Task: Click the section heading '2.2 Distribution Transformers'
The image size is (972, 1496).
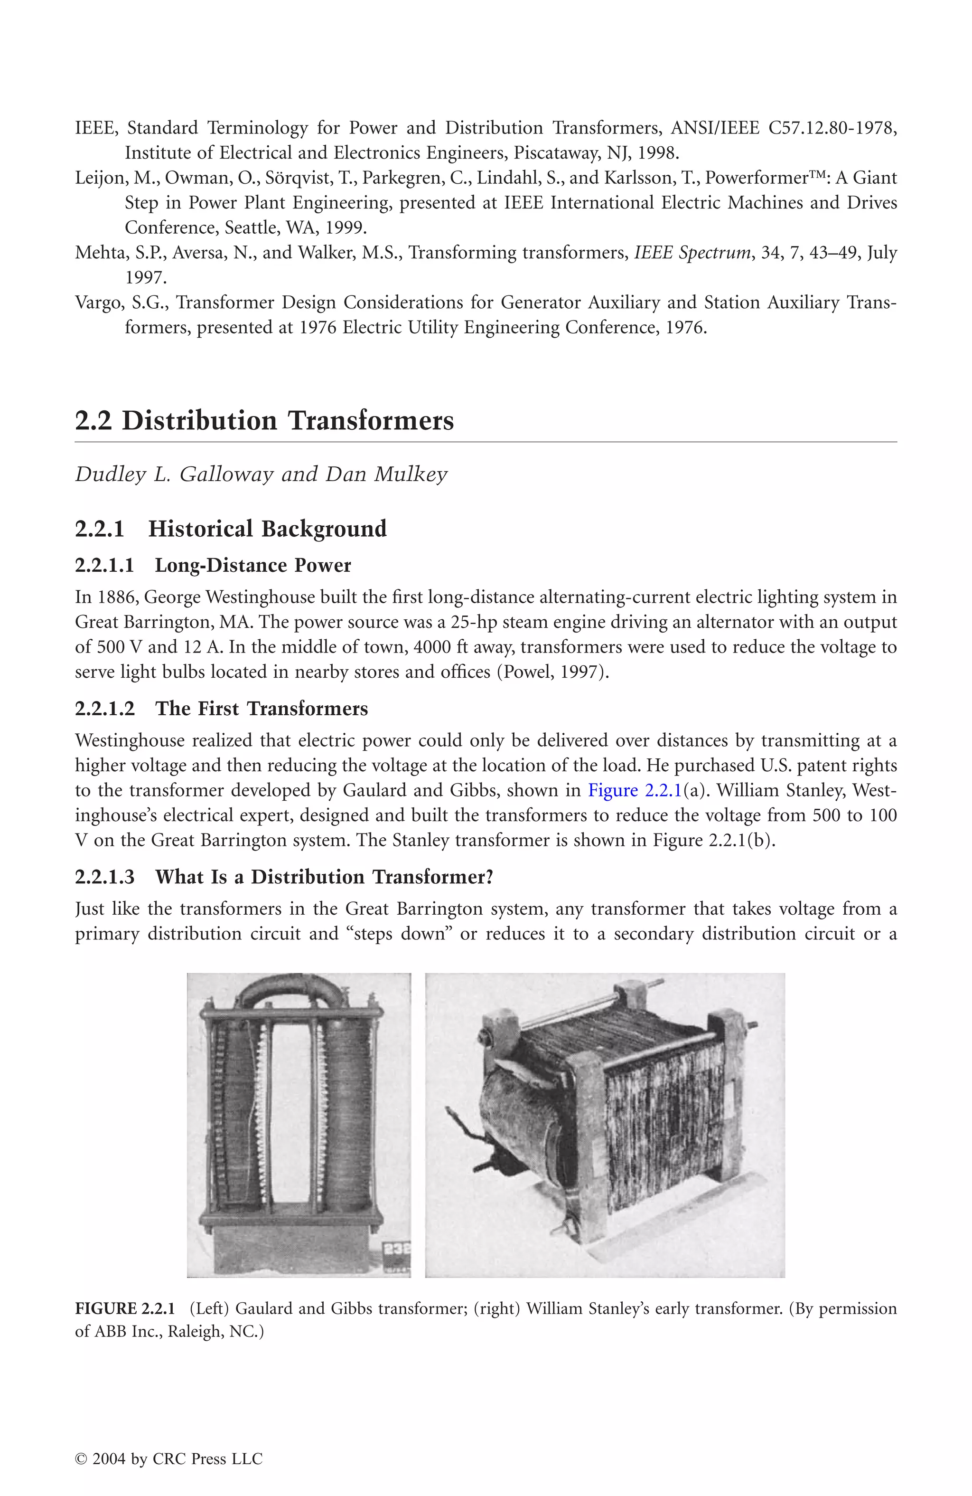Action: [264, 420]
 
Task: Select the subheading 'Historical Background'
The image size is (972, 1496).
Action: [267, 529]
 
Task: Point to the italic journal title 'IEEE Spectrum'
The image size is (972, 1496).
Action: [692, 253]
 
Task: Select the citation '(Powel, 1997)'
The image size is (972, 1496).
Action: [553, 672]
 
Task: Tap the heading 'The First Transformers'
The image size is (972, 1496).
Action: [262, 709]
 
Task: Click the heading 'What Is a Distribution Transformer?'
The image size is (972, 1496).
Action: [324, 877]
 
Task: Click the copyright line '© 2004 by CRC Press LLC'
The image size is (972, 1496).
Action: [168, 1459]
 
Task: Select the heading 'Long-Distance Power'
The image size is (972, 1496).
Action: [252, 565]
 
